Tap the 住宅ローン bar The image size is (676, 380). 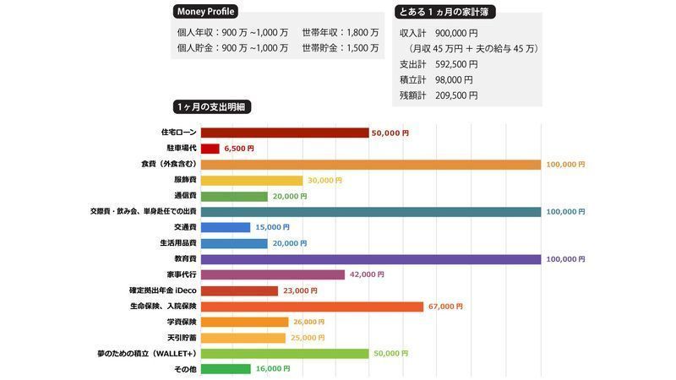(x=285, y=133)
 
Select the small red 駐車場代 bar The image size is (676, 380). (x=210, y=149)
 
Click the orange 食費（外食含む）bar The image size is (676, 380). (x=370, y=164)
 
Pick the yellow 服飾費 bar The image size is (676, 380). (x=251, y=180)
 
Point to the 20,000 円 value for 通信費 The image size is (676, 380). (x=292, y=196)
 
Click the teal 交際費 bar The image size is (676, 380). (x=370, y=211)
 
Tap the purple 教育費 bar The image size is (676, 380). (x=370, y=259)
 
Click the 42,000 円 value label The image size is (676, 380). (x=368, y=274)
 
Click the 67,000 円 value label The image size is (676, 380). (x=445, y=307)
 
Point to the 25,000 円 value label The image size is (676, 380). (x=307, y=338)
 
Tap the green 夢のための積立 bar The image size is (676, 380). (x=285, y=353)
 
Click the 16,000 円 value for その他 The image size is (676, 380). (x=272, y=369)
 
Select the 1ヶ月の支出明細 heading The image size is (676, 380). (x=212, y=107)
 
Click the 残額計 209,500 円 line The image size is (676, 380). (x=439, y=95)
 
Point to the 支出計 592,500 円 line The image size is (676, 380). (x=439, y=64)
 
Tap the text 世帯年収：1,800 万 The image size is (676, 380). (x=340, y=32)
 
